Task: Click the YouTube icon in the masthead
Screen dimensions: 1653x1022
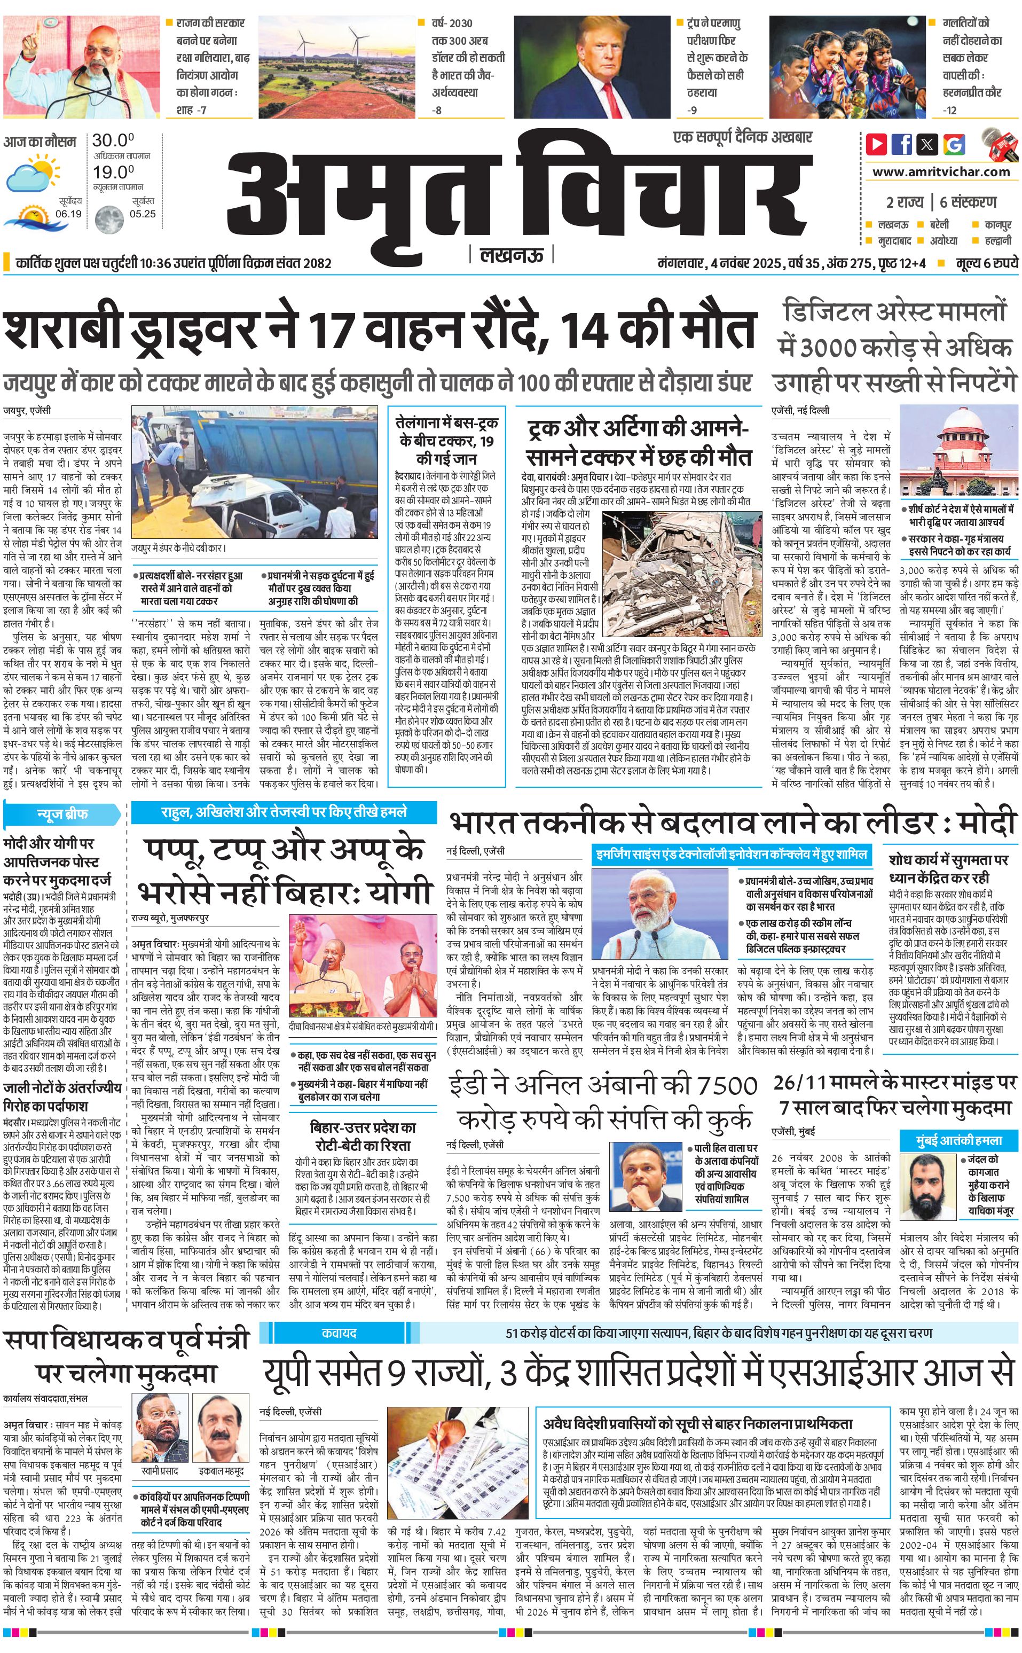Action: (877, 144)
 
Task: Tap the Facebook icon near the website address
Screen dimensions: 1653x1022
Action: (902, 144)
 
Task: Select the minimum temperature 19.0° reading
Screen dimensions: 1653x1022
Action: (113, 173)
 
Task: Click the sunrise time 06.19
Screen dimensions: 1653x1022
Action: (69, 214)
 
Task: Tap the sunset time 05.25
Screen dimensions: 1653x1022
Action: (143, 214)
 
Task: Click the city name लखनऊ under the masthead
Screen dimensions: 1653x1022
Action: (511, 255)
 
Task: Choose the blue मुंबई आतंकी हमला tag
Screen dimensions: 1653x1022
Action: (958, 1140)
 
